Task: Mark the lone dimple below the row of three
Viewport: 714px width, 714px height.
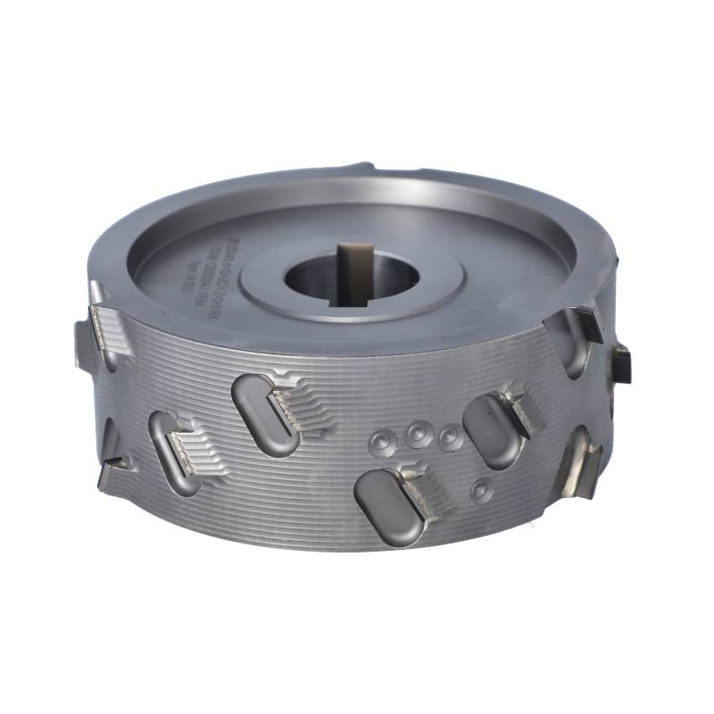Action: (x=483, y=488)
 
